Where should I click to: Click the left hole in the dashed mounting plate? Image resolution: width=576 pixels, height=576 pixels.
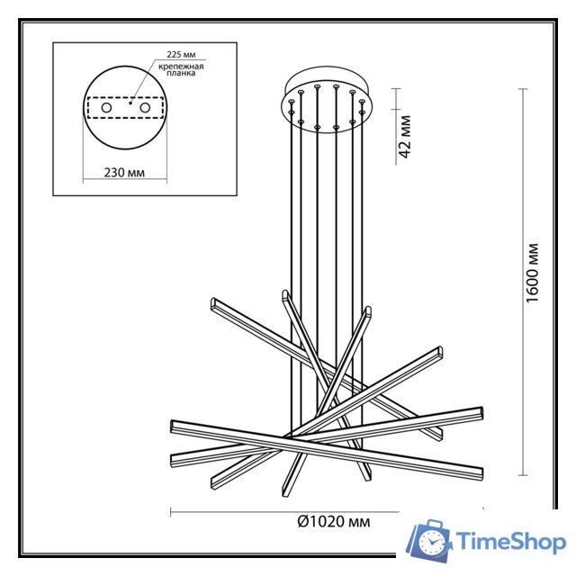click(107, 108)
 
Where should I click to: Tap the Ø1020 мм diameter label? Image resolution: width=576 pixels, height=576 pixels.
click(333, 521)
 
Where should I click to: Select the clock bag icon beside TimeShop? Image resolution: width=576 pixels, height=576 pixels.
click(430, 541)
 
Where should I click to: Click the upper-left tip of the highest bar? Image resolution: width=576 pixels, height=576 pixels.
click(212, 302)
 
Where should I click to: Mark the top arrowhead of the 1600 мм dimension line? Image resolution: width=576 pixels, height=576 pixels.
click(523, 89)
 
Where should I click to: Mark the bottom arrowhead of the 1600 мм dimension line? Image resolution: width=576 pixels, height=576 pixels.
click(523, 476)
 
